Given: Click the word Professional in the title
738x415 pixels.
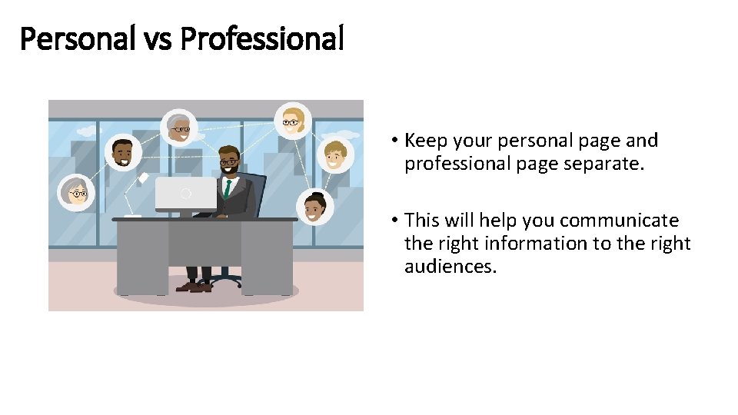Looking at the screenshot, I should click(261, 38).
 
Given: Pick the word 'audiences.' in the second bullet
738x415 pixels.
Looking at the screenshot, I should click(450, 267).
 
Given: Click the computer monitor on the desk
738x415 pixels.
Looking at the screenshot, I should click(185, 194).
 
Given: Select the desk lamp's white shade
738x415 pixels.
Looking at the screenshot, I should click(143, 178).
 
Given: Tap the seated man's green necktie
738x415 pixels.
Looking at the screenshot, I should click(228, 188).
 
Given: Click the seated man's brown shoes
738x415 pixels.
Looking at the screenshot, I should click(193, 287).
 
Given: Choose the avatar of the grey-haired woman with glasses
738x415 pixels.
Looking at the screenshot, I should click(77, 192).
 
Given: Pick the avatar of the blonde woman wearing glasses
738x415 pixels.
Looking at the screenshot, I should click(293, 120).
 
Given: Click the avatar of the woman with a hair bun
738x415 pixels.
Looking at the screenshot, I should click(315, 207).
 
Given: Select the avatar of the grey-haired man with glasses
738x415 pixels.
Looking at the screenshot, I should click(179, 126).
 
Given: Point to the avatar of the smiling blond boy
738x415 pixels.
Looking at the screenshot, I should click(335, 155).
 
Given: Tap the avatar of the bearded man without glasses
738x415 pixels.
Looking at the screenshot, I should click(122, 154).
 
